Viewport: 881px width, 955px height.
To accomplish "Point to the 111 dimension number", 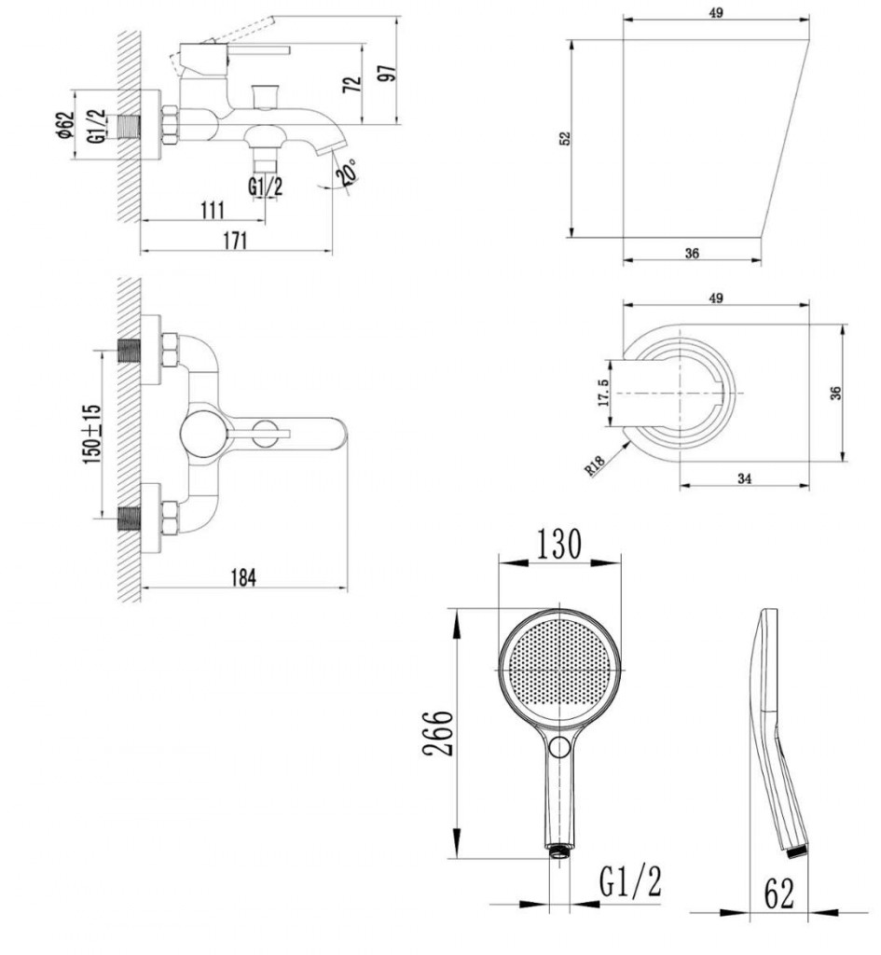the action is (213, 210).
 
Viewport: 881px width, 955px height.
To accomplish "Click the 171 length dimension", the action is (234, 241).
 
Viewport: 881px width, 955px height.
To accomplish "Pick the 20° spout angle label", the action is (348, 172).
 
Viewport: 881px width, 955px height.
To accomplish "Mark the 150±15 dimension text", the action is (92, 434).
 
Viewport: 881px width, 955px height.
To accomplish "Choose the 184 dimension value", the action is (243, 577).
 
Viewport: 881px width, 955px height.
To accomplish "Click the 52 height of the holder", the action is (565, 138).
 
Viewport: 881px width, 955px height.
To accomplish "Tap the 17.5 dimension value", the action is (603, 393).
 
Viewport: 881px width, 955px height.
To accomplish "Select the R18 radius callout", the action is (595, 464).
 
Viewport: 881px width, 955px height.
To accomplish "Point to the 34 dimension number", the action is (744, 478).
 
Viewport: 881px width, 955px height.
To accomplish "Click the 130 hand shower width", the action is (558, 544).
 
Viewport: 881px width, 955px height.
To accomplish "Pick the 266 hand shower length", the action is (438, 733).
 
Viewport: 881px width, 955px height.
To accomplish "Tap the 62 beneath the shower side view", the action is (779, 894).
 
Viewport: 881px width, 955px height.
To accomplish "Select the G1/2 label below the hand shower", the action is (630, 881).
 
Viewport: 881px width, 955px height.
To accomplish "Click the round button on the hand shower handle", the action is (559, 747).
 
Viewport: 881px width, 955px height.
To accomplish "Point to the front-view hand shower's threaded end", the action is (559, 851).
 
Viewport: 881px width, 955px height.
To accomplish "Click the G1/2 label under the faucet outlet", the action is (265, 187).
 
